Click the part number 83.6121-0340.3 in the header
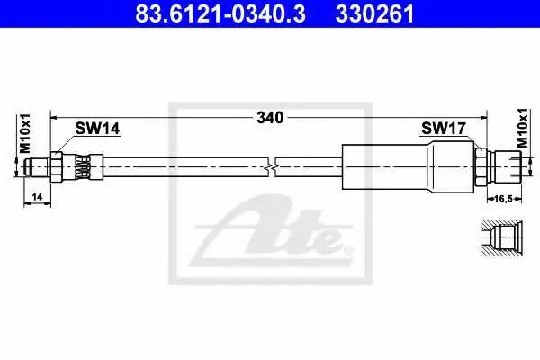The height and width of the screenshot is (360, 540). [x=220, y=14]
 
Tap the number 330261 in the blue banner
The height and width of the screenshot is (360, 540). [x=374, y=14]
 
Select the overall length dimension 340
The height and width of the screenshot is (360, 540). [x=270, y=118]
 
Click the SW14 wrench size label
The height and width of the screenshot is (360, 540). [x=97, y=129]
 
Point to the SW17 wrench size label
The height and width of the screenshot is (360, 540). [x=443, y=129]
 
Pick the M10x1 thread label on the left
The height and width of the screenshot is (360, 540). [x=25, y=133]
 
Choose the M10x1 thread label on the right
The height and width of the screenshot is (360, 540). [x=522, y=128]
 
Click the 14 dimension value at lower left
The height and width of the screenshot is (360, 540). [x=37, y=197]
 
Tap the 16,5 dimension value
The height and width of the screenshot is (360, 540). [x=503, y=198]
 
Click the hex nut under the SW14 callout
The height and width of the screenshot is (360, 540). [x=57, y=167]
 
